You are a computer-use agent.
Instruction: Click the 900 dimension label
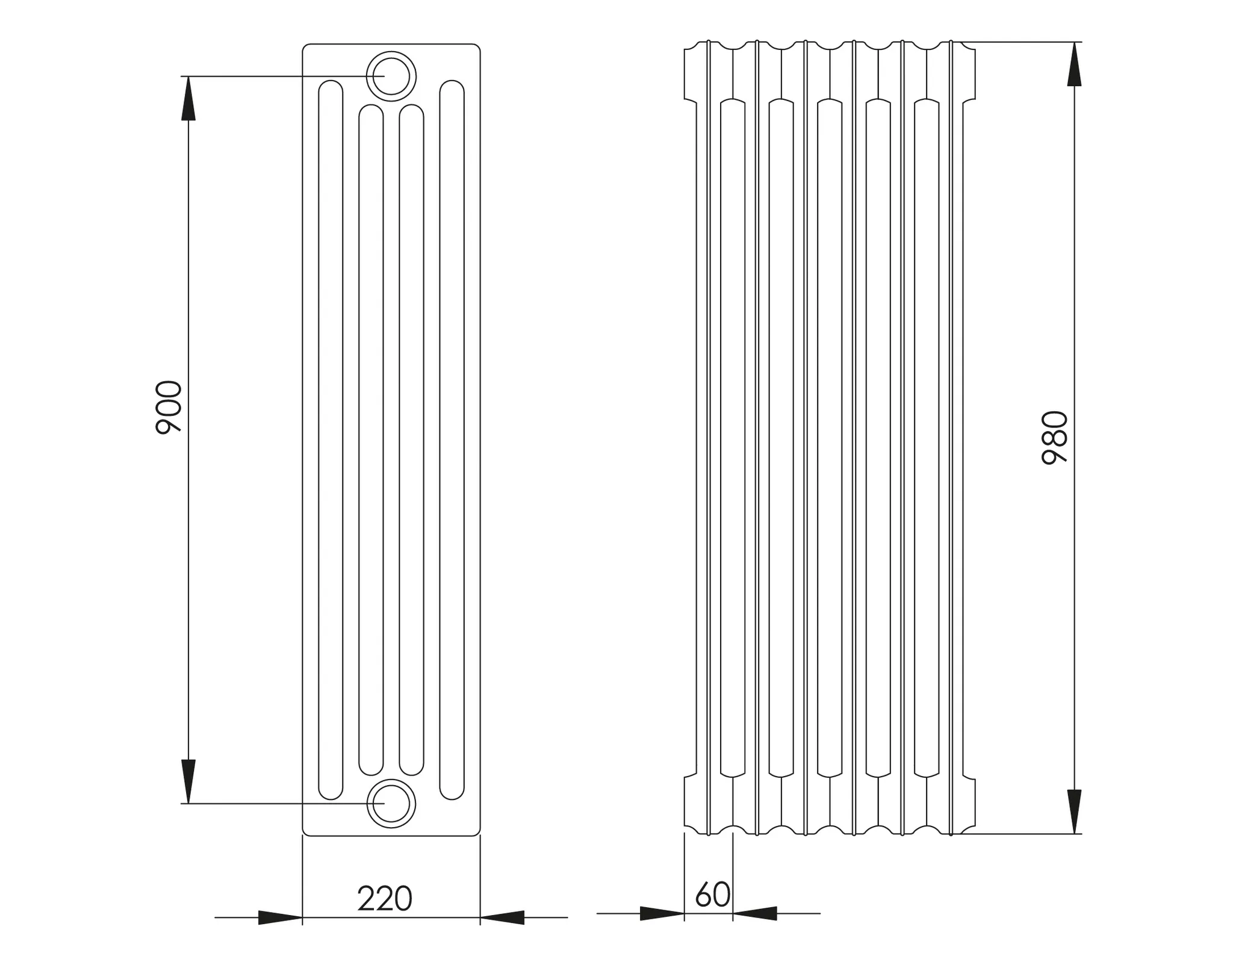click(169, 408)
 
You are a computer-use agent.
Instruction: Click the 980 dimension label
click(1055, 438)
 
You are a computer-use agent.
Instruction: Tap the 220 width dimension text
click(385, 899)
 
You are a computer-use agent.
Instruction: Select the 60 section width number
click(713, 895)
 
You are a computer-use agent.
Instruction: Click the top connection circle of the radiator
click(391, 76)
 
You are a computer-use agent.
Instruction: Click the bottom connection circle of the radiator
click(391, 804)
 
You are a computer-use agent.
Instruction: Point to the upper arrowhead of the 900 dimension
click(188, 99)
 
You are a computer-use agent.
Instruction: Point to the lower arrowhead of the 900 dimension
click(188, 781)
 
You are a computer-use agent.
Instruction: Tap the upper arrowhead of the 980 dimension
click(1075, 64)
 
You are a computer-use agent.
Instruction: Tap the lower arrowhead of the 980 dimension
click(1075, 811)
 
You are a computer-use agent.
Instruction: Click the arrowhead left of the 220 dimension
click(280, 917)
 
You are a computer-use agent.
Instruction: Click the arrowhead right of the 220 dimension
click(502, 917)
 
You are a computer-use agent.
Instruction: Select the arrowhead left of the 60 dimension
click(662, 913)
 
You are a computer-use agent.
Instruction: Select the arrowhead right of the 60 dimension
click(755, 913)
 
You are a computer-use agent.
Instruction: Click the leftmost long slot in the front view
click(331, 439)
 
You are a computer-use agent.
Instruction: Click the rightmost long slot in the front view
click(452, 439)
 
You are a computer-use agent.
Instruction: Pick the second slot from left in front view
click(371, 439)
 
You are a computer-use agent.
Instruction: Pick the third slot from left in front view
click(411, 439)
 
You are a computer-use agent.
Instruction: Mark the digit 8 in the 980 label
click(1055, 438)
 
